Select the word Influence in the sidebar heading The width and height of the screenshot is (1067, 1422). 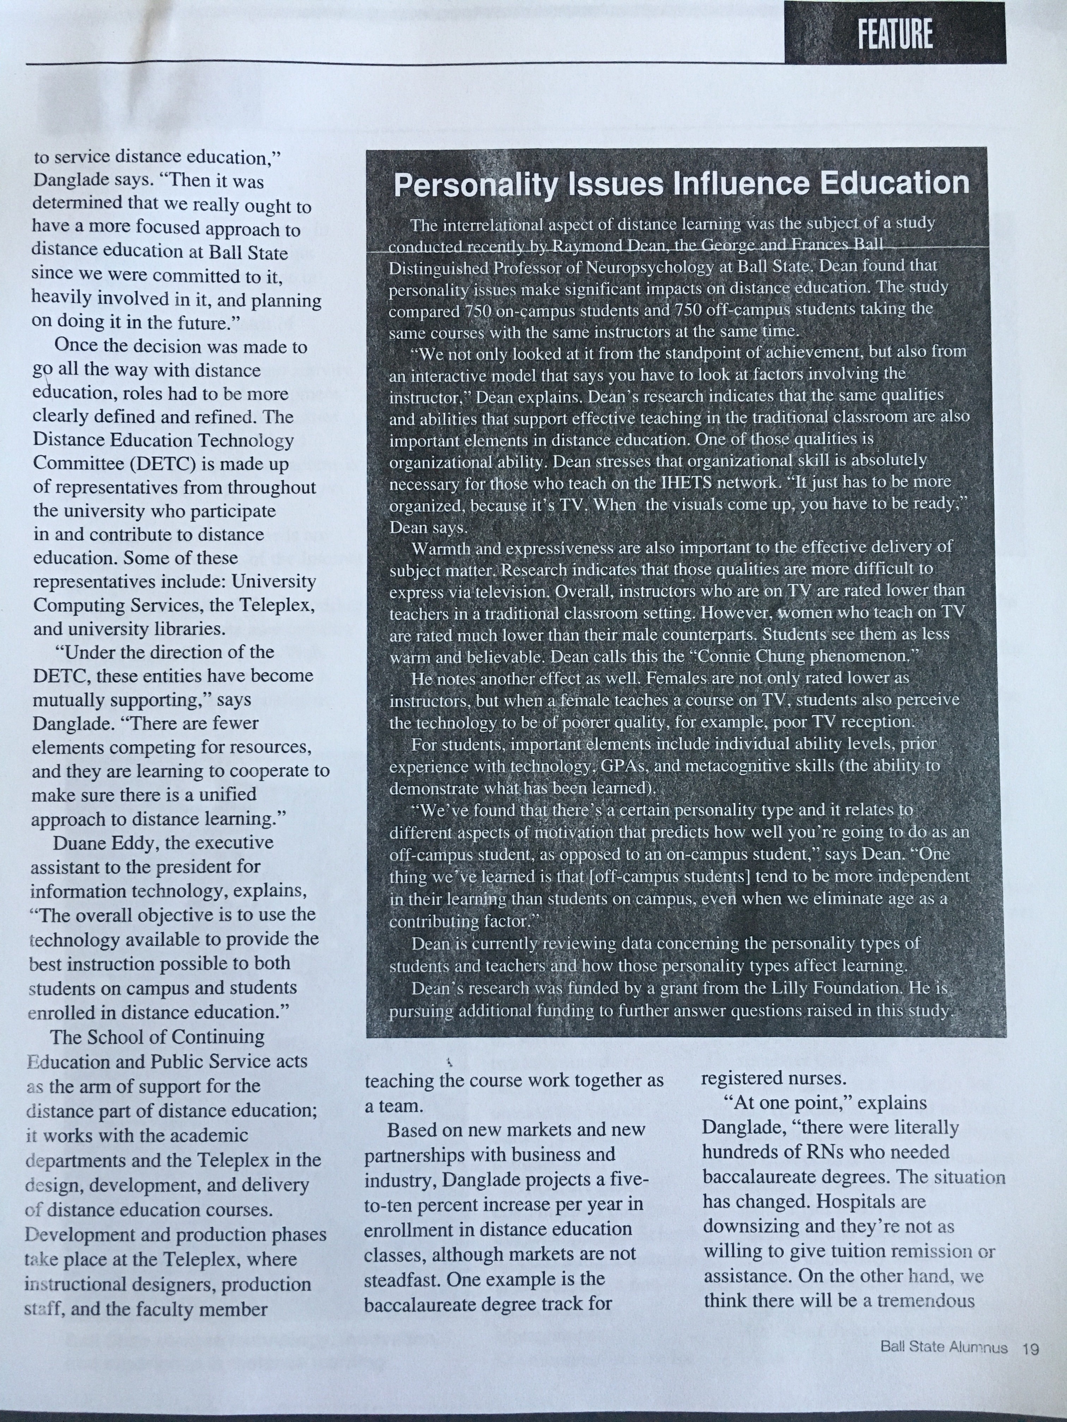742,184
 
